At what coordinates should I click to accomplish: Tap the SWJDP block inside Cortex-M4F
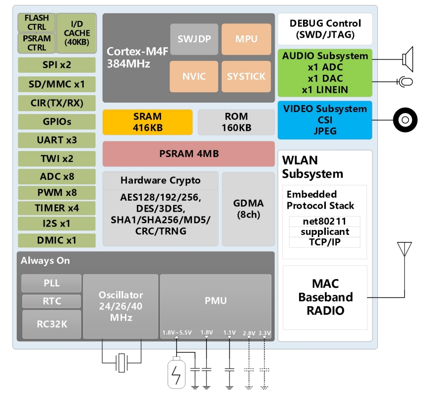point(194,39)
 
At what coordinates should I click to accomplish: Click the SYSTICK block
point(246,76)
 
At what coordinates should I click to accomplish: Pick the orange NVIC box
point(194,76)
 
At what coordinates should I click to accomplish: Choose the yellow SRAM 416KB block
point(147,122)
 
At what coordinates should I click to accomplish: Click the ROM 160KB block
point(236,122)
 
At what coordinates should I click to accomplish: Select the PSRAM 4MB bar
point(188,154)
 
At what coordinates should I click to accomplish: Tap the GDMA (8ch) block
point(248,209)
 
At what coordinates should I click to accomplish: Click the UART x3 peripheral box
point(57,140)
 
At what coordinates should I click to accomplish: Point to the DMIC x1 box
point(57,240)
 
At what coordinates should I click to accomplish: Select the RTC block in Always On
point(51,301)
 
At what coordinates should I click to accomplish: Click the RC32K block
point(51,324)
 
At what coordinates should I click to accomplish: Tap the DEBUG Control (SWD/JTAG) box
point(325,29)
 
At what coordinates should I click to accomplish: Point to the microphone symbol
point(406,81)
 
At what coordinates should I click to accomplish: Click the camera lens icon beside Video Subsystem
point(405,120)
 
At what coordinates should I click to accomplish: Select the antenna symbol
point(405,249)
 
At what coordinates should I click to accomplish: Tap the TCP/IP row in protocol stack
point(325,242)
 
